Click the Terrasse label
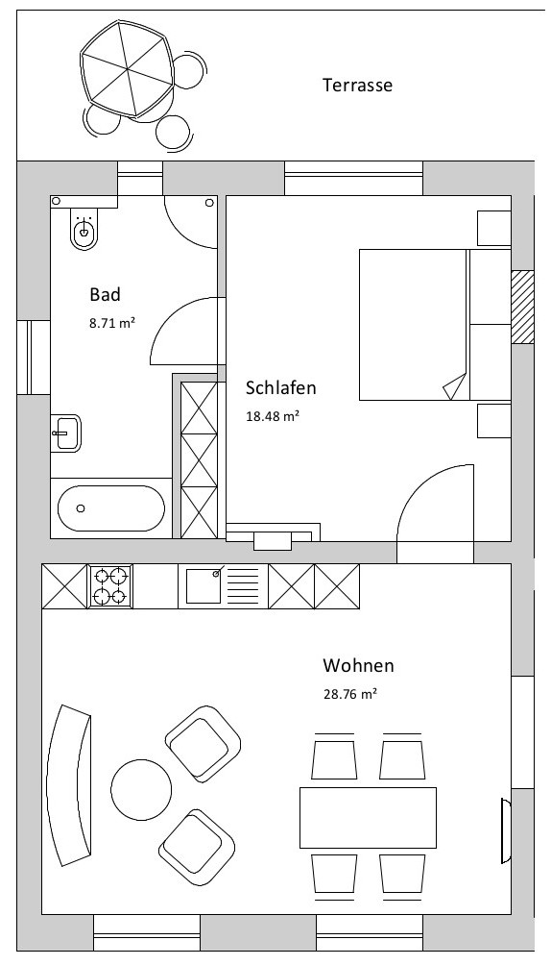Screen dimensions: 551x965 pos(357,85)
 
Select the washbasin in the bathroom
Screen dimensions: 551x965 pos(66,433)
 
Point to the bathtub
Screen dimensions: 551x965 pos(111,508)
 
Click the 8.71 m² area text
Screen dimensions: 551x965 pos(112,323)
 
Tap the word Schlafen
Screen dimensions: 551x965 pos(281,387)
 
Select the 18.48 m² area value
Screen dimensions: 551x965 pos(273,416)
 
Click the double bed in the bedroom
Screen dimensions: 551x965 pos(435,324)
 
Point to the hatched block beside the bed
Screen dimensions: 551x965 pos(523,307)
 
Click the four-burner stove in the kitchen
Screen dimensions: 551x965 pos(110,586)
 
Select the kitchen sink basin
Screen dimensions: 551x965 pos(204,586)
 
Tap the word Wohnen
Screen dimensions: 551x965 pos(358,666)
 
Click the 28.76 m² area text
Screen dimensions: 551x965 pos(350,694)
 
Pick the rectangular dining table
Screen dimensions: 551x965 pos(368,817)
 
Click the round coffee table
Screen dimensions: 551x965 pos(141,790)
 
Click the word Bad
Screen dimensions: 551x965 pos(106,294)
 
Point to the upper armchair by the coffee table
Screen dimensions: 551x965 pos(203,744)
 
